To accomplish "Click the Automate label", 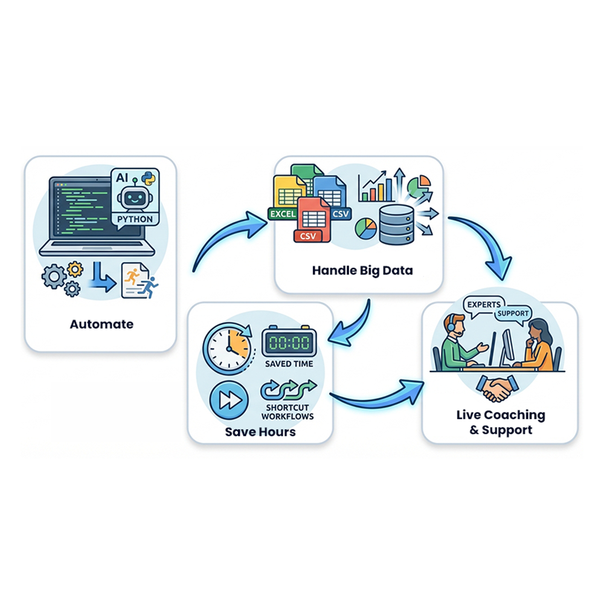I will pos(101,324).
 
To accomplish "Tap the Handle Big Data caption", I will pos(362,270).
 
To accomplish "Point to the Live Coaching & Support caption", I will pos(500,422).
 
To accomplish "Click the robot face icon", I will pos(133,198).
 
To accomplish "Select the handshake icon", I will pos(499,389).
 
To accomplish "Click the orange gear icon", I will pos(75,268).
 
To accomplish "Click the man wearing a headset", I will pos(461,344).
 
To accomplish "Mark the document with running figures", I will pos(138,280).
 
